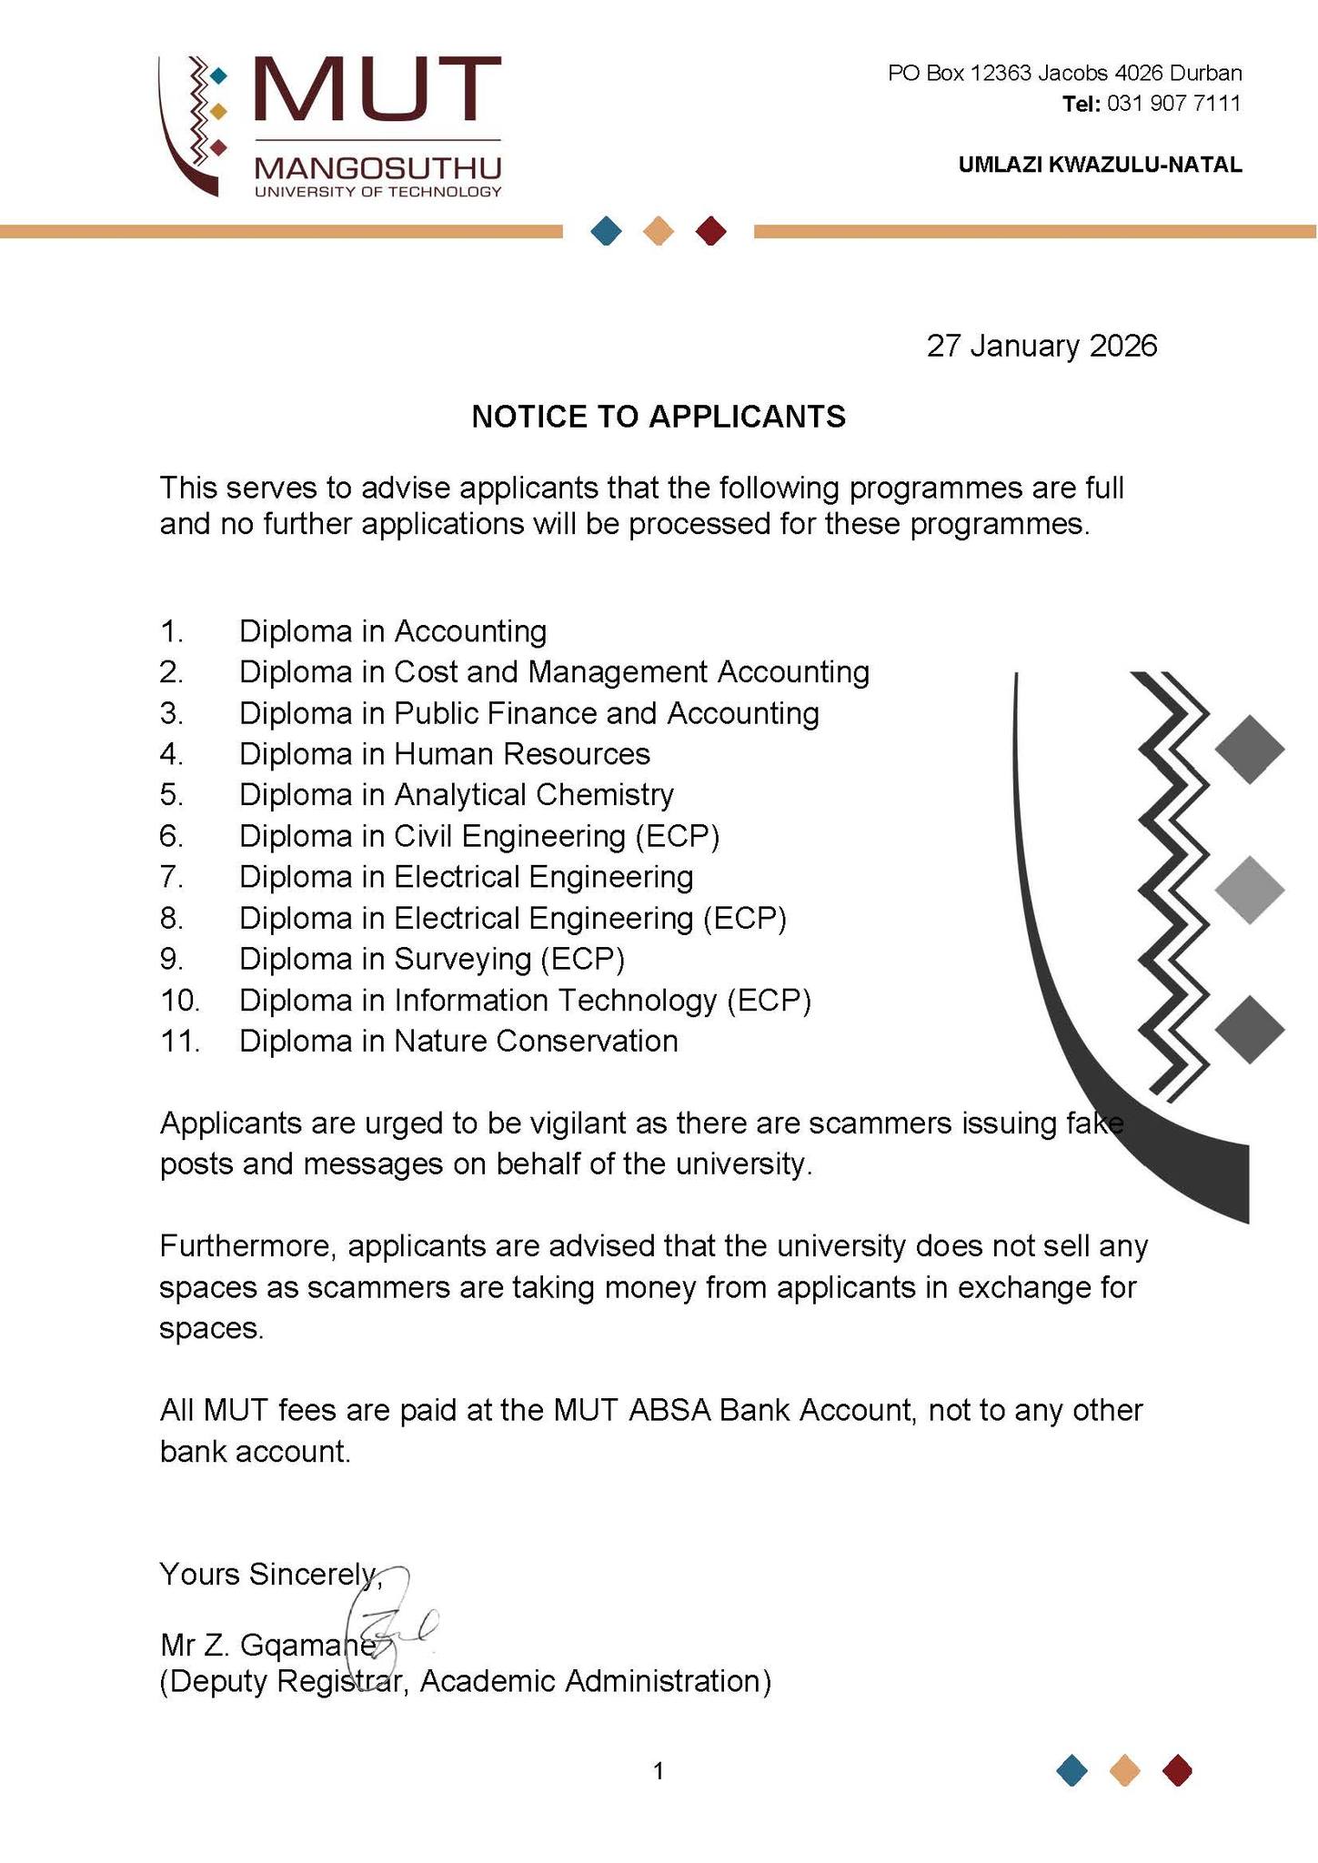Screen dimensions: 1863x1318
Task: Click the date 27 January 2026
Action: point(1041,347)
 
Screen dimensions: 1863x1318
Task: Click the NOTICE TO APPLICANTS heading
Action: point(659,417)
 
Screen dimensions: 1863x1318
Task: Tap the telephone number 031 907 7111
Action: point(1174,104)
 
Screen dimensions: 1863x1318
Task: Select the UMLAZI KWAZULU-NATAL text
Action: point(1100,165)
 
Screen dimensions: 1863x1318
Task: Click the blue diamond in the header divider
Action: point(606,231)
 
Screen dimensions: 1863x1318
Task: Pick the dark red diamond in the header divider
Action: point(710,231)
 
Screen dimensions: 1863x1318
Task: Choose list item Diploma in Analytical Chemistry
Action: point(456,795)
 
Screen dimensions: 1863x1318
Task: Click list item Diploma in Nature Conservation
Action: point(458,1041)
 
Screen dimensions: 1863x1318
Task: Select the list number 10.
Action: point(179,1001)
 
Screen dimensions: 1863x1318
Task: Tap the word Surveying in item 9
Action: point(462,960)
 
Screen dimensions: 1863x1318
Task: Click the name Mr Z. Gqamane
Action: point(267,1646)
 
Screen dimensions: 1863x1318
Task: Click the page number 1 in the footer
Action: point(659,1771)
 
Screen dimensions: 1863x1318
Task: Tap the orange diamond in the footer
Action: point(1125,1771)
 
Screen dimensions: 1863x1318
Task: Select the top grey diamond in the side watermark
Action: point(1249,750)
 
